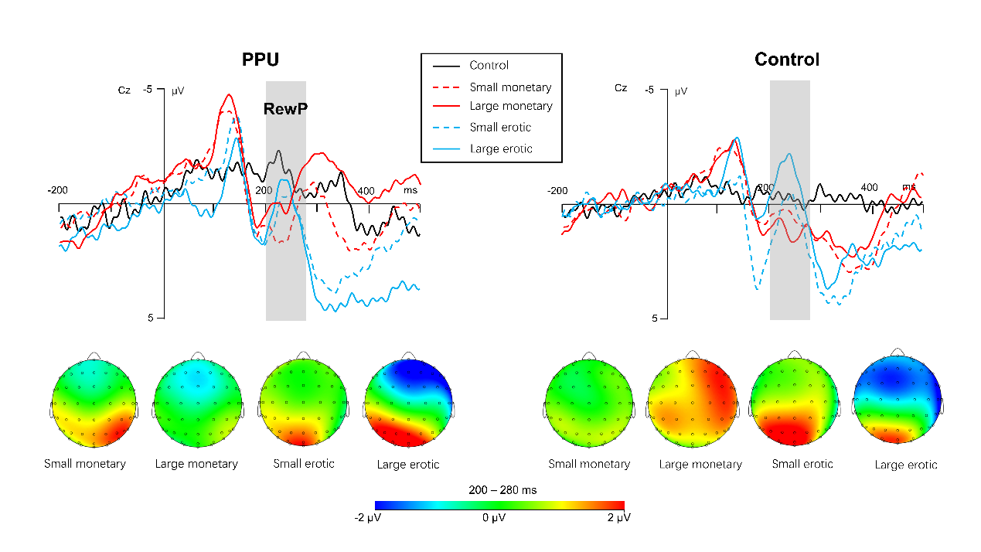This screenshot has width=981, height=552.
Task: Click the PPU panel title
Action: coord(260,60)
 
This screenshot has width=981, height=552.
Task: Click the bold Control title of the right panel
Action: coord(787,60)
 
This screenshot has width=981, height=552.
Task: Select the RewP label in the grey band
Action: coord(285,109)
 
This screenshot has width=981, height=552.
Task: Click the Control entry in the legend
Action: coord(489,66)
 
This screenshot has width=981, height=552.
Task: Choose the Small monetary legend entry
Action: coord(510,87)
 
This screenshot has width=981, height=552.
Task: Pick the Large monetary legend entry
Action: coord(511,106)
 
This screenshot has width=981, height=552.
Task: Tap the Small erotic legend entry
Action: coord(500,128)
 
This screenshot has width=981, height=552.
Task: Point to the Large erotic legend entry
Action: coord(501,148)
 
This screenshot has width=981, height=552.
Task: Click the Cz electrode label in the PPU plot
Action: coord(124,90)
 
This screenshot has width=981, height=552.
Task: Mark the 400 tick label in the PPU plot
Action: coord(366,191)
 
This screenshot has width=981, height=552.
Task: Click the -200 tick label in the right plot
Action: coord(558,191)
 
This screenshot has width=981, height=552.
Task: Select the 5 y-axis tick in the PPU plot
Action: coord(151,318)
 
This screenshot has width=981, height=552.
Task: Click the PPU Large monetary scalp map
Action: coord(196,404)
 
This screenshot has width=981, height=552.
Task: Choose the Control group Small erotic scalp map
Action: coord(794,404)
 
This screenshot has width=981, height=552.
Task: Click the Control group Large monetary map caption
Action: coord(700,465)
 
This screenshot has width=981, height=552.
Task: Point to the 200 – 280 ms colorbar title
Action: coord(502,490)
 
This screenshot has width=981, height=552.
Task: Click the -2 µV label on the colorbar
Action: coord(367,517)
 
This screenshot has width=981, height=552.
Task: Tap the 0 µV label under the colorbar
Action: coord(494,517)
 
